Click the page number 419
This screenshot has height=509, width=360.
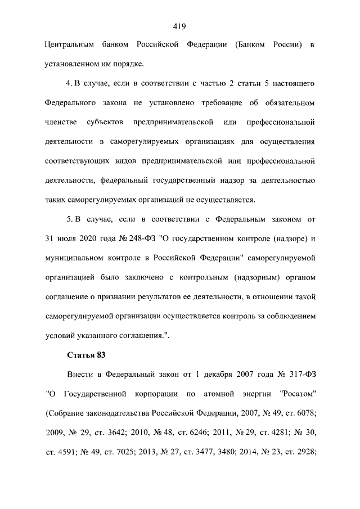tap(180, 25)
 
